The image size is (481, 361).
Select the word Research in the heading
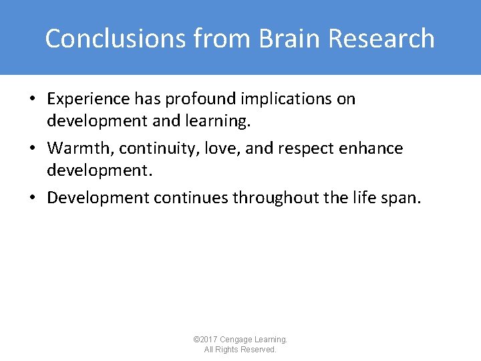click(x=383, y=39)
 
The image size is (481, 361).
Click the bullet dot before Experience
click(x=33, y=100)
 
